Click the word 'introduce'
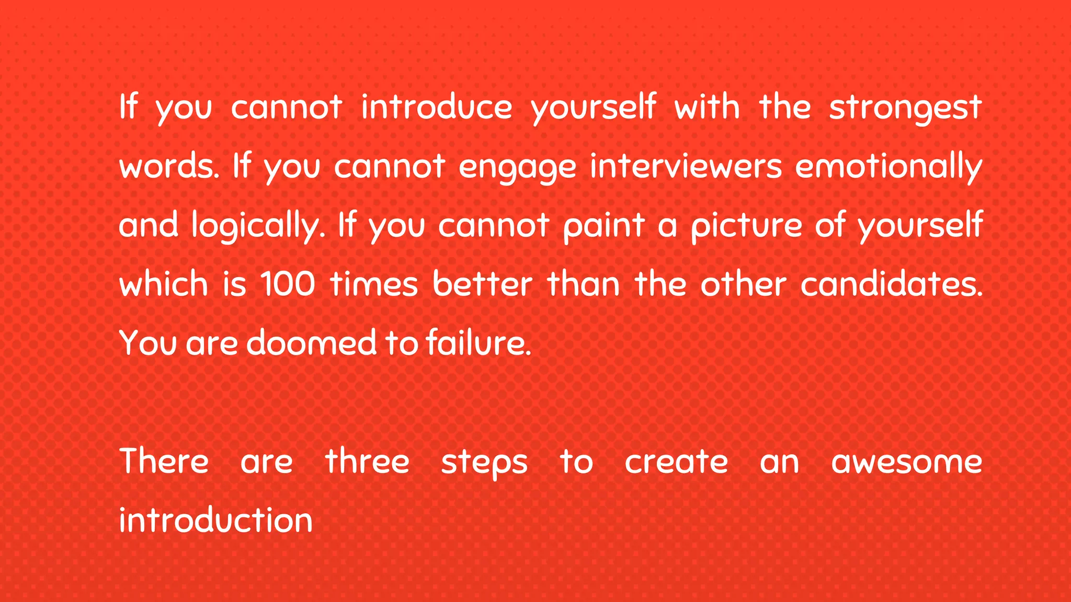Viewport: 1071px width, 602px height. pos(437,107)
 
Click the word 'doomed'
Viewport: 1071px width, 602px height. pos(311,343)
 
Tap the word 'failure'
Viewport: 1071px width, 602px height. pos(478,343)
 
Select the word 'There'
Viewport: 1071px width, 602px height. pos(164,462)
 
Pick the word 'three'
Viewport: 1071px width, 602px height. pos(367,462)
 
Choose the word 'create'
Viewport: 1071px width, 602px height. pos(676,462)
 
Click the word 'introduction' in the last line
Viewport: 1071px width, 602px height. pos(215,520)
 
